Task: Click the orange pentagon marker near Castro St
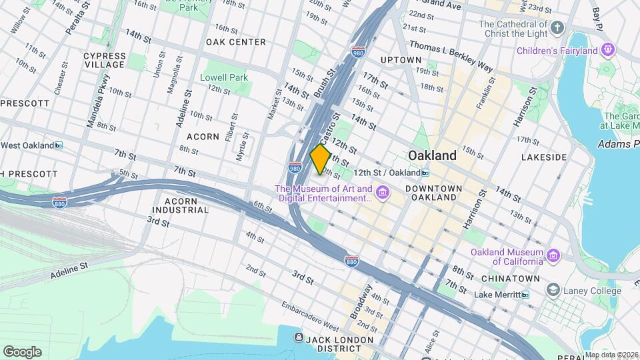[321, 159]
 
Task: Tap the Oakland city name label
[432, 155]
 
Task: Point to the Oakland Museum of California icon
[553, 256]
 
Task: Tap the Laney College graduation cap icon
[553, 290]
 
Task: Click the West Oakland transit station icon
[59, 145]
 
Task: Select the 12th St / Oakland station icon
[425, 173]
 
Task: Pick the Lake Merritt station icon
[525, 294]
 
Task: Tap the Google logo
[22, 352]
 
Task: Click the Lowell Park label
[224, 77]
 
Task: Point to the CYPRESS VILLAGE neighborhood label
[105, 60]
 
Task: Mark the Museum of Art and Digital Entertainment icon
[383, 193]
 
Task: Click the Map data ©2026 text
[611, 355]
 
